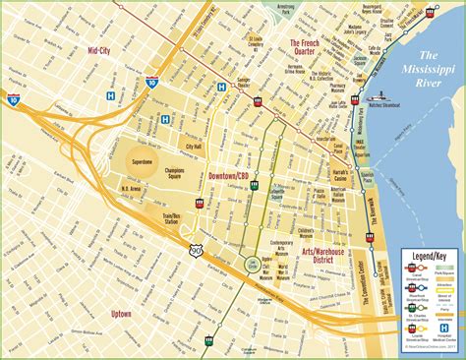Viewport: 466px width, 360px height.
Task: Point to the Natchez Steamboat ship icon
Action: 379,97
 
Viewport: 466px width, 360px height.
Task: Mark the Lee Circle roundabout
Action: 251,261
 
